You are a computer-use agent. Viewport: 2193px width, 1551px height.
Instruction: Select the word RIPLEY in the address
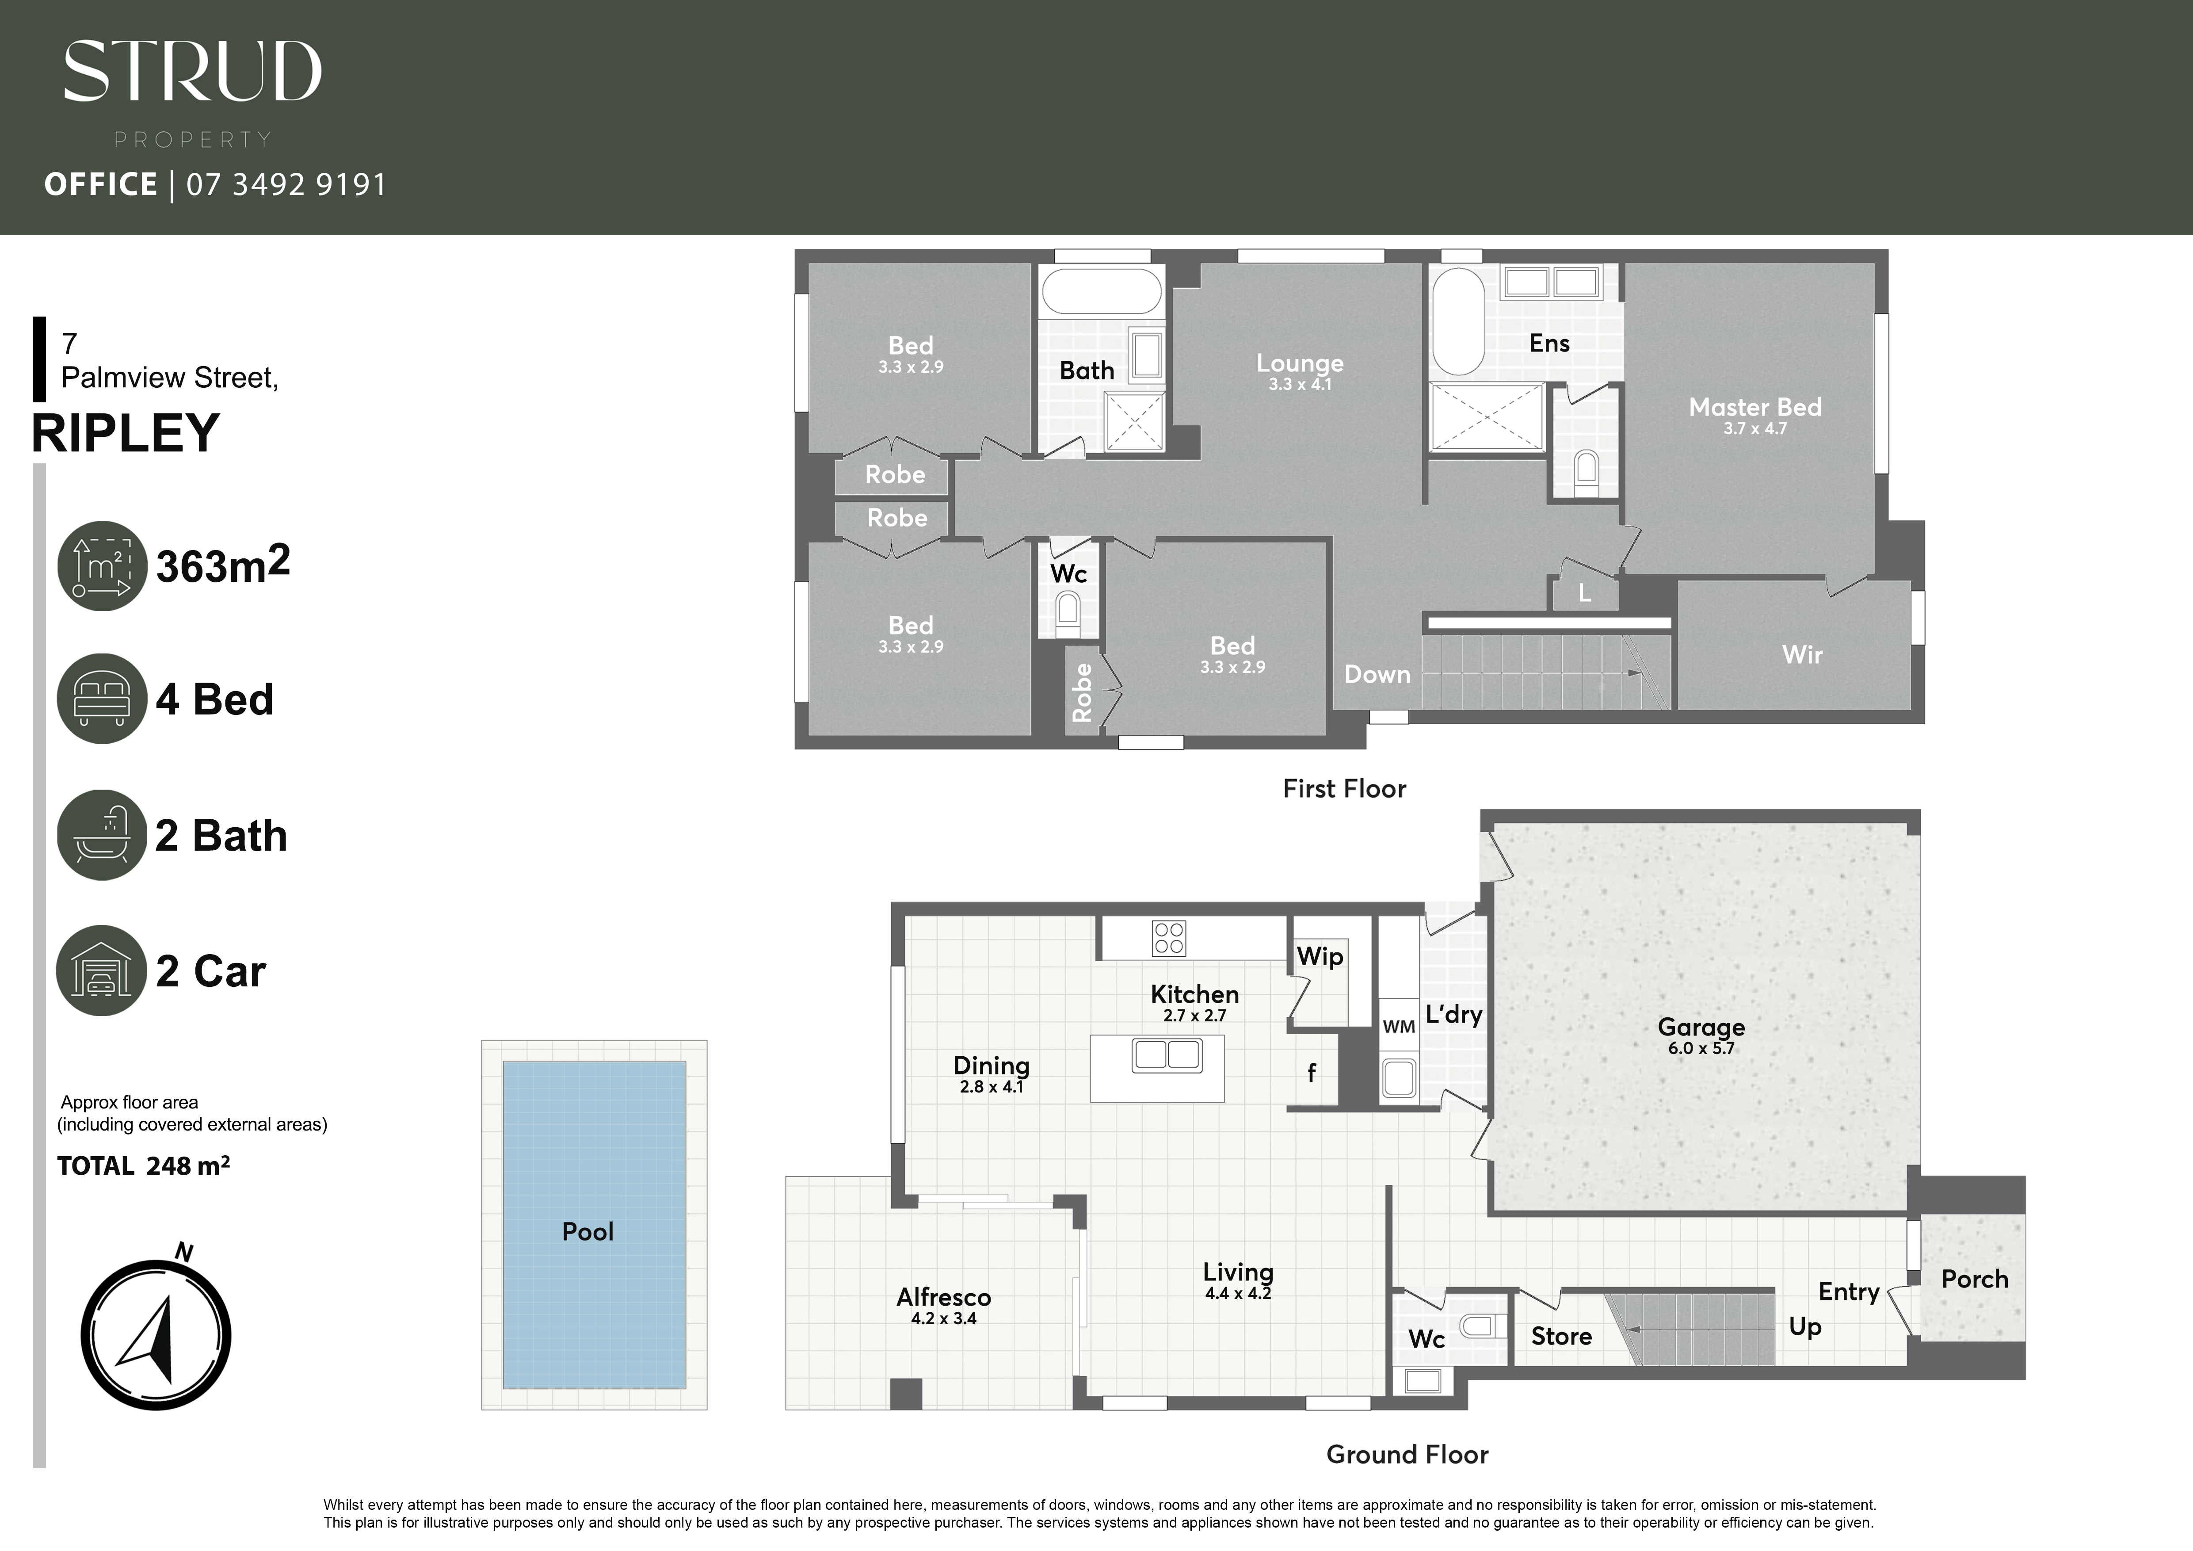click(126, 434)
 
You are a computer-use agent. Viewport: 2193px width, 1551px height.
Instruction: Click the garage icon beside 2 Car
click(101, 970)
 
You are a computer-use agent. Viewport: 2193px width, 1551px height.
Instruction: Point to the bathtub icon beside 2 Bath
click(101, 835)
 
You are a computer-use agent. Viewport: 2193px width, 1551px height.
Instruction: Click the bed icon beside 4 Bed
click(101, 698)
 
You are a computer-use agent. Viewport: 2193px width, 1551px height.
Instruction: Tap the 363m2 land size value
click(222, 565)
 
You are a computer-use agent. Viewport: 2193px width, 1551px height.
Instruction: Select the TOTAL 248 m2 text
click(143, 1166)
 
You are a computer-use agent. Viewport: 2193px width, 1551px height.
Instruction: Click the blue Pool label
click(587, 1232)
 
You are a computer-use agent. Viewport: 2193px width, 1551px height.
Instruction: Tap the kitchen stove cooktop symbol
click(1169, 938)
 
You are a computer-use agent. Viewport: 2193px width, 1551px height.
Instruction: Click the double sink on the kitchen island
click(1166, 1054)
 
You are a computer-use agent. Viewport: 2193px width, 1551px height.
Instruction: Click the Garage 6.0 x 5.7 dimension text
click(1701, 1049)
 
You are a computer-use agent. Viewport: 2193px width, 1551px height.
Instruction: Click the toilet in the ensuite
click(1586, 470)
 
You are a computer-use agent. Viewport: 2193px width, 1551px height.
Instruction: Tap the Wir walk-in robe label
click(1801, 655)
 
